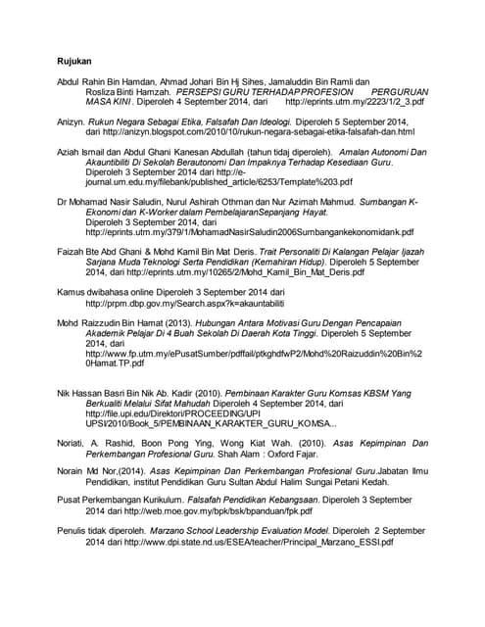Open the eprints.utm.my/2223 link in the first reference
354,101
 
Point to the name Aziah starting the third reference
69,153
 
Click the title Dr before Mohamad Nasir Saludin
62,202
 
